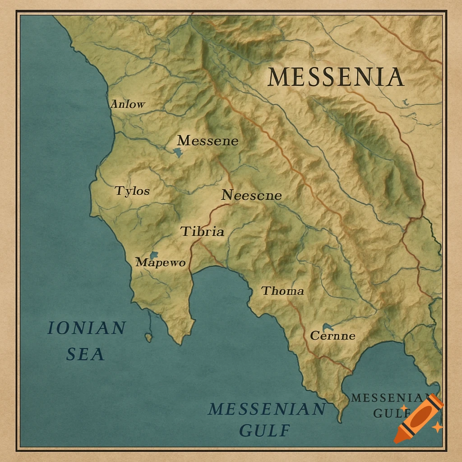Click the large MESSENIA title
pyautogui.click(x=335, y=77)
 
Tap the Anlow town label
pyautogui.click(x=128, y=104)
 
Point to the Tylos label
pyautogui.click(x=132, y=191)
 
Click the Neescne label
pyautogui.click(x=251, y=195)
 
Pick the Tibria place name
pyautogui.click(x=202, y=232)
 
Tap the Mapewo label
pyautogui.click(x=160, y=263)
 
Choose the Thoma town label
pyautogui.click(x=283, y=291)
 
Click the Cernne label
pyautogui.click(x=333, y=336)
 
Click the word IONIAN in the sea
pyautogui.click(x=86, y=328)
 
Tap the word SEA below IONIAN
pyautogui.click(x=85, y=354)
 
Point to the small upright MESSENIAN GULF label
pyautogui.click(x=387, y=405)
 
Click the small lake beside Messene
pyautogui.click(x=178, y=152)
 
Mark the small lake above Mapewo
pyautogui.click(x=154, y=255)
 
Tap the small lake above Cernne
pyautogui.click(x=328, y=327)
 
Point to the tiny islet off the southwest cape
pyautogui.click(x=148, y=337)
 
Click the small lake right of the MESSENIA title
pyautogui.click(x=405, y=103)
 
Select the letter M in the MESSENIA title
pyautogui.click(x=278, y=77)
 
